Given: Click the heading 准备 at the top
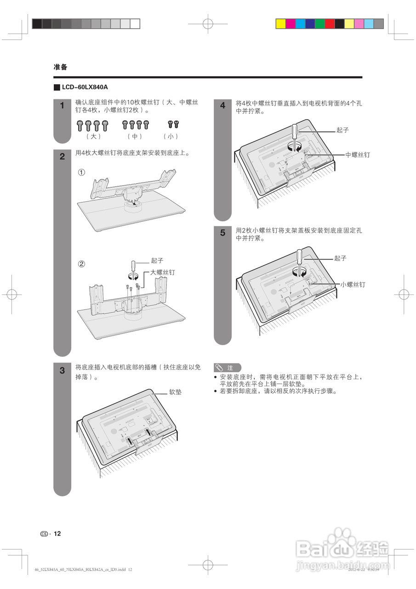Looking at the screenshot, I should tap(60, 67).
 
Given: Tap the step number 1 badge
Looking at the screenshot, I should tap(62, 106).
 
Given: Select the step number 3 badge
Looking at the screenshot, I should tap(62, 370).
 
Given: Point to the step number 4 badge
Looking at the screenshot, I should tap(222, 106).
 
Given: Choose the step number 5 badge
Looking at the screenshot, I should tap(222, 233).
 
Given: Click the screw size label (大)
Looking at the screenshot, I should tap(93, 136).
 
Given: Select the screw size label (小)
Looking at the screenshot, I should tap(171, 136).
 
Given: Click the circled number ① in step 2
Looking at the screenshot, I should tap(81, 172).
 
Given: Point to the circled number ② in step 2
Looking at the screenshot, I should tap(81, 264).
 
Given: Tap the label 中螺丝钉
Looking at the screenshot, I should tap(358, 155).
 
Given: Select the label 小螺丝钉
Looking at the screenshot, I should tap(353, 285).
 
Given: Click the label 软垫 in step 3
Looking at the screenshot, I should tap(175, 393).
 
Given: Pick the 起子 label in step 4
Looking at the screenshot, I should tap(342, 130).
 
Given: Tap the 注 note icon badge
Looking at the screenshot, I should tap(227, 368).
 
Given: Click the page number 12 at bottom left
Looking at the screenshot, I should tap(57, 534).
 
